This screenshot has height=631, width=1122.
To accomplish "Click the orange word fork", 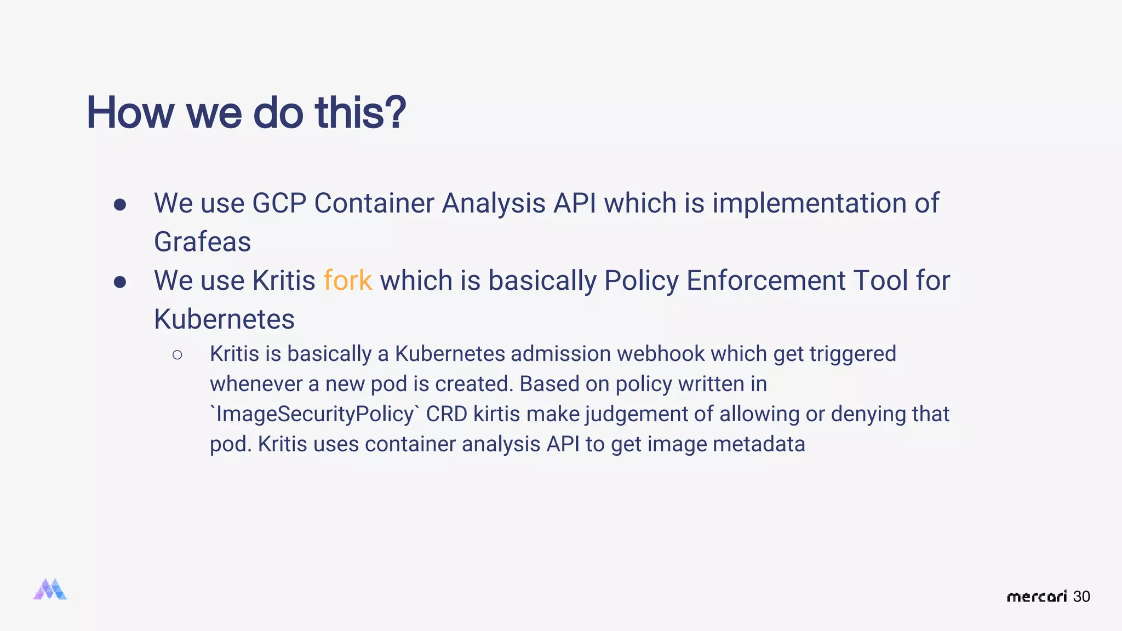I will tap(347, 280).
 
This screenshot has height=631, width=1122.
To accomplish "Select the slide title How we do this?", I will tap(246, 112).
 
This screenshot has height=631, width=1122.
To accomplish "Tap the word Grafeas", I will tap(202, 242).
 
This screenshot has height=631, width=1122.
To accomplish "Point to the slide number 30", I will tap(1081, 596).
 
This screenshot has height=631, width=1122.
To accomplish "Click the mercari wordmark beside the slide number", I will tap(1037, 596).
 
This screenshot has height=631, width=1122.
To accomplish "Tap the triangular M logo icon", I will tap(50, 589).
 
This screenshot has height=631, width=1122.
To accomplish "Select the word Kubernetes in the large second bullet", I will tap(224, 319).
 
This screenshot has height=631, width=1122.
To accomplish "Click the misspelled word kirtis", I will tap(496, 414).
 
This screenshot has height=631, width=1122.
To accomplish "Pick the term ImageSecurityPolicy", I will tap(314, 414).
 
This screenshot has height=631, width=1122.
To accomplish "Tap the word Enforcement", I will tap(766, 280).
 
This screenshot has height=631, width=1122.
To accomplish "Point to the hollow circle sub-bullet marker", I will tap(177, 355).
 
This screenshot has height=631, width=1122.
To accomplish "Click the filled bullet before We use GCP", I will tap(120, 205).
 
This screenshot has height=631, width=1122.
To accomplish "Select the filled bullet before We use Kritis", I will tap(120, 282).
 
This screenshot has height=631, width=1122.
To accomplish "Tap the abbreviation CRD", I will tap(446, 414).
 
